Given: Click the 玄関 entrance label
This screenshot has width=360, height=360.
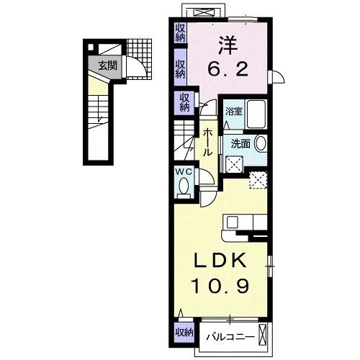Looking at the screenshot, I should click(x=108, y=65).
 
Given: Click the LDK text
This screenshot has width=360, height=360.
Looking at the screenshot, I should click(x=221, y=260).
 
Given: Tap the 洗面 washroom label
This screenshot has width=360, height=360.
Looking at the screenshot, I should click(x=240, y=143).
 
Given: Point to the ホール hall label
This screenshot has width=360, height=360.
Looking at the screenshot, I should click(x=207, y=143).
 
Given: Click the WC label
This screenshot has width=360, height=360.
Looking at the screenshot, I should click(x=182, y=172).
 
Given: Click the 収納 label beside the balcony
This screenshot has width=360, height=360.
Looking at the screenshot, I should click(x=184, y=332).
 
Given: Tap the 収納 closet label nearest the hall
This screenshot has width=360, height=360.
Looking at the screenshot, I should click(x=185, y=102).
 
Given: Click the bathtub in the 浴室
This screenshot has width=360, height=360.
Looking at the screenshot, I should click(x=256, y=112).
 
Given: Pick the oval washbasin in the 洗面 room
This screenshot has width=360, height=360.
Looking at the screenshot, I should click(x=260, y=143).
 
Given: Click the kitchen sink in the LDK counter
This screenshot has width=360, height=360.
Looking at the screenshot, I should click(x=238, y=222).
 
